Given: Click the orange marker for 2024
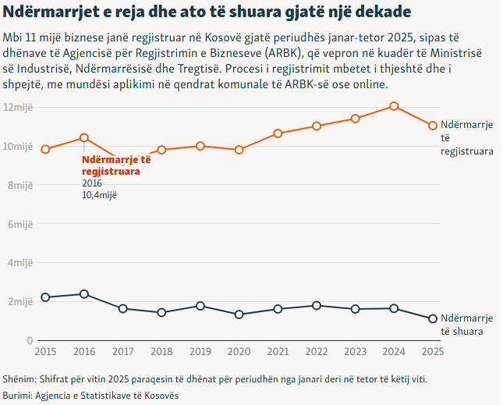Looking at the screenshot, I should pyautogui.click(x=394, y=106).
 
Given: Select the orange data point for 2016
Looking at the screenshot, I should pyautogui.click(x=84, y=138).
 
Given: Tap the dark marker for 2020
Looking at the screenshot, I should pyautogui.click(x=239, y=314).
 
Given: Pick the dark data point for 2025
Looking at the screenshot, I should pyautogui.click(x=433, y=318).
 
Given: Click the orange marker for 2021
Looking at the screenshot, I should pyautogui.click(x=278, y=133).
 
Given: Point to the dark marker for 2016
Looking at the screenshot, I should pyautogui.click(x=84, y=294).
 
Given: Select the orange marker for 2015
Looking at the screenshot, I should pyautogui.click(x=45, y=149).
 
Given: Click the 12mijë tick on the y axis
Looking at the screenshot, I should pyautogui.click(x=18, y=107).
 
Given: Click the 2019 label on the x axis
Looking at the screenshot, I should pyautogui.click(x=200, y=352).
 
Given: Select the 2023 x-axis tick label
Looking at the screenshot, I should pyautogui.click(x=355, y=352).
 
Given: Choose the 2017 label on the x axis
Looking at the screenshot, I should pyautogui.click(x=123, y=352).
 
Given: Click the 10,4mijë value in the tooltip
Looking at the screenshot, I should pyautogui.click(x=99, y=195).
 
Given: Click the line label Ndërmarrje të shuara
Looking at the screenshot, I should pyautogui.click(x=466, y=325).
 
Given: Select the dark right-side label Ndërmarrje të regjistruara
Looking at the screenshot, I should pyautogui.click(x=466, y=138).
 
